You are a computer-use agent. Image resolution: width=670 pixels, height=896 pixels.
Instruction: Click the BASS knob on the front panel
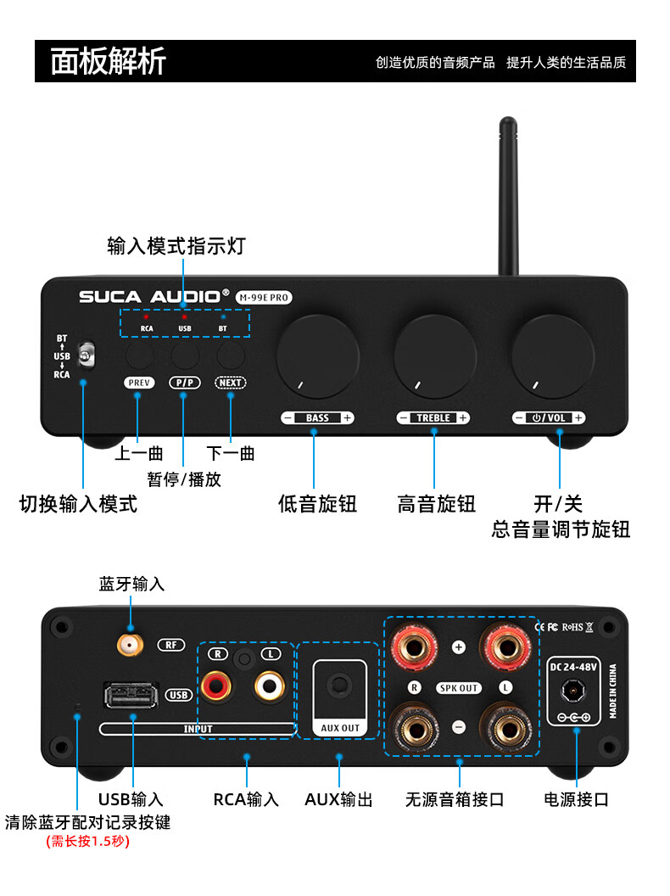click(x=317, y=356)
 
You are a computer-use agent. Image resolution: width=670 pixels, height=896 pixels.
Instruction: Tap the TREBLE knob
click(x=434, y=356)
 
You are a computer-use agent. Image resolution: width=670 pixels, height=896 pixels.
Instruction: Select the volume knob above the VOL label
click(x=551, y=356)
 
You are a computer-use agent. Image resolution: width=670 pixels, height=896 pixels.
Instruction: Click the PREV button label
click(x=139, y=383)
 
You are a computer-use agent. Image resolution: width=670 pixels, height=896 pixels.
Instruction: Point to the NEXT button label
click(x=231, y=383)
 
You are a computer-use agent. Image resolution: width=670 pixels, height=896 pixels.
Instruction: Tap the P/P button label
click(x=185, y=383)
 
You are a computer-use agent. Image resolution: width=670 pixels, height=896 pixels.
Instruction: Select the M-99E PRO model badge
click(x=264, y=297)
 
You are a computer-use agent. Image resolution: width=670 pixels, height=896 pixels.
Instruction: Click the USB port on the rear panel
click(x=131, y=696)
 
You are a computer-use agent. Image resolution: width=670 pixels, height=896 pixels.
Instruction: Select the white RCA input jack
click(x=271, y=684)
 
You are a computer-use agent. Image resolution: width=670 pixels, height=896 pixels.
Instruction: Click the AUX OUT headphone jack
click(x=340, y=685)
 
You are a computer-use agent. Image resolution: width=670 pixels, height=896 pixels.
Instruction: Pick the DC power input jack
click(x=574, y=692)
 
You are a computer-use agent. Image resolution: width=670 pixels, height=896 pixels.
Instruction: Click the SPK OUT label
click(x=459, y=688)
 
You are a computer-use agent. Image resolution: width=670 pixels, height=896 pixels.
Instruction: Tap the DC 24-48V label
click(x=574, y=667)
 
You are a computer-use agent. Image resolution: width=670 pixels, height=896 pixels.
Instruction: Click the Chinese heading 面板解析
click(x=108, y=62)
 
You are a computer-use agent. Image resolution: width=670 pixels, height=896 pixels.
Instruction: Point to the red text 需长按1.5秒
click(x=87, y=843)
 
